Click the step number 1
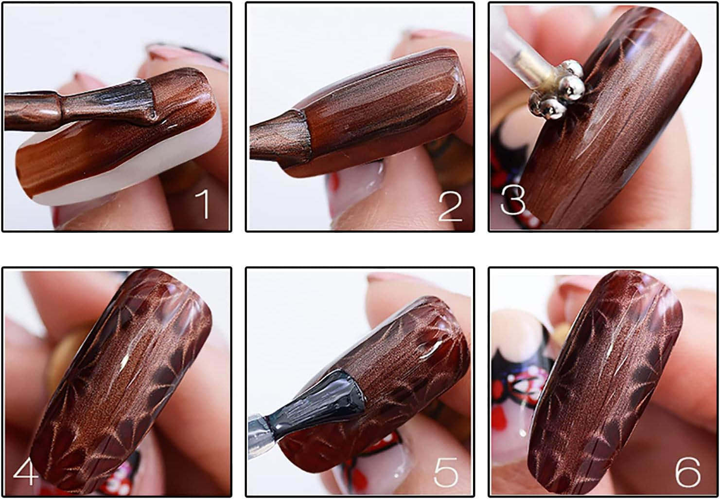[x=204, y=204]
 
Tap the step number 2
[x=450, y=206]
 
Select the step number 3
[x=513, y=200]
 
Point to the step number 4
[x=26, y=470]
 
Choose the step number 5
[x=446, y=472]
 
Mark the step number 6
[x=687, y=472]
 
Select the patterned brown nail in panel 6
[x=604, y=380]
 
